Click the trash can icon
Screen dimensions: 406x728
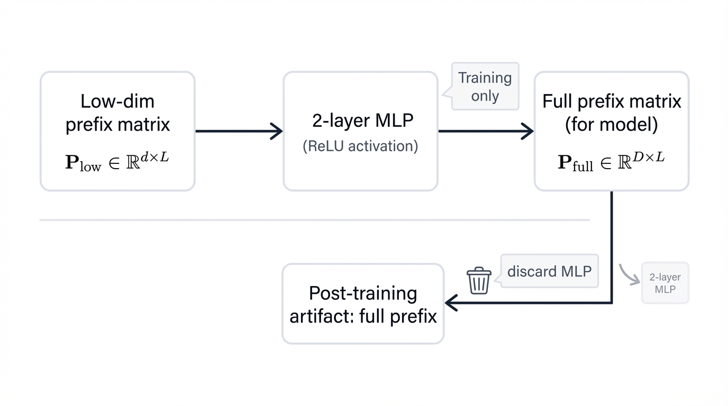pos(479,281)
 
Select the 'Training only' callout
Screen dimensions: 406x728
pos(485,87)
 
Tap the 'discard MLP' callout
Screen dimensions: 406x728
pos(549,272)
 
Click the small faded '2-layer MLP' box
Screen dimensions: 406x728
pos(665,283)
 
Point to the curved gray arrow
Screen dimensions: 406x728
pos(627,275)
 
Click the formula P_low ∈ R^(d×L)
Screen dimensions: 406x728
pos(117,161)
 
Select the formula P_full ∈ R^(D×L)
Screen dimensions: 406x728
pos(611,161)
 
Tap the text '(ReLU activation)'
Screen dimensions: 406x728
pos(360,146)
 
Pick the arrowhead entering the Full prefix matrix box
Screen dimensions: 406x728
pos(528,131)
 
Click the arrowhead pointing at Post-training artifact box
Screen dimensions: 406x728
pos(451,303)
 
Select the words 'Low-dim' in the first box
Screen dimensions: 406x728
pos(117,101)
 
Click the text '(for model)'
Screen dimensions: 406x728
pos(611,125)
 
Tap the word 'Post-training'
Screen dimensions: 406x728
pos(363,293)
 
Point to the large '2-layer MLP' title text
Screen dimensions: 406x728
pos(362,121)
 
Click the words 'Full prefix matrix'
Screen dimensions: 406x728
pos(612,101)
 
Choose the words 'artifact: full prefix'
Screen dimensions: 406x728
pos(363,316)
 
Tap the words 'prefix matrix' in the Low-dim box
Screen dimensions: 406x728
pos(117,125)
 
